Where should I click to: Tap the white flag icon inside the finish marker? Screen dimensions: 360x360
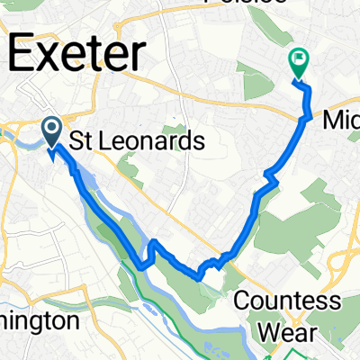click(x=298, y=60)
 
